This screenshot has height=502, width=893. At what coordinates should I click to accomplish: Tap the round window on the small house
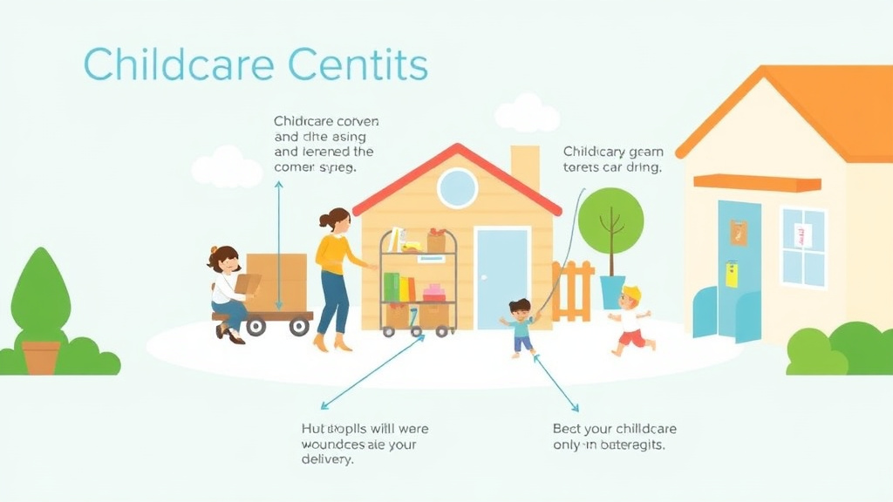pos(458,187)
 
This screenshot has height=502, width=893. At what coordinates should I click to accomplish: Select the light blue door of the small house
pos(502,278)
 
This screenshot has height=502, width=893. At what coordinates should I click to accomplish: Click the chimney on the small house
pos(524,166)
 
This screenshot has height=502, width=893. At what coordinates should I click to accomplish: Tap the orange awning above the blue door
pos(757,183)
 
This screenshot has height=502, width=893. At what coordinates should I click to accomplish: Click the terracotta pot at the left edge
pos(41,356)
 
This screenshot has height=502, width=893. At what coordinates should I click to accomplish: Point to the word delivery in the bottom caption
pos(327,460)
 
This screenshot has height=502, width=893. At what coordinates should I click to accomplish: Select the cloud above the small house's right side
pos(527,114)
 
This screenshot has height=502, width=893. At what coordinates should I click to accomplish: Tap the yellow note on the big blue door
pos(732,274)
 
